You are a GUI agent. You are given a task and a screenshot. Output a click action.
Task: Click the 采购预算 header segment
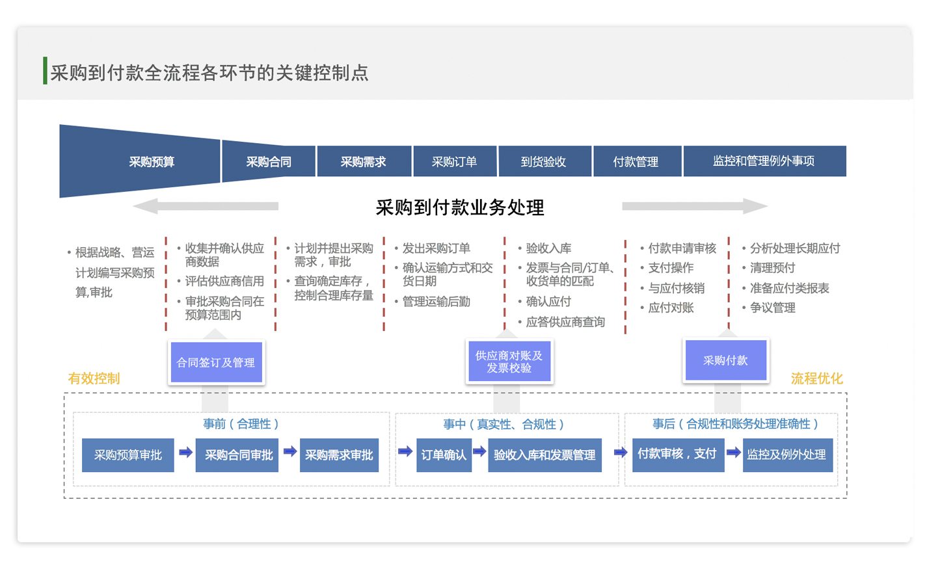click(x=140, y=161)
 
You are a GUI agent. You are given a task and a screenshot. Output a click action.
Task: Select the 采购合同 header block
click(x=269, y=161)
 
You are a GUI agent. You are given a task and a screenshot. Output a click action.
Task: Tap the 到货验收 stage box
click(x=544, y=161)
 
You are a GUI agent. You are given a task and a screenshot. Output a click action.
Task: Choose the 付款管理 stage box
click(x=637, y=161)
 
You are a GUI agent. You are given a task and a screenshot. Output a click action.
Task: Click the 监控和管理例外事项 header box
click(x=764, y=161)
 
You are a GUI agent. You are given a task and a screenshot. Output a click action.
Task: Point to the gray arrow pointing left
click(x=206, y=206)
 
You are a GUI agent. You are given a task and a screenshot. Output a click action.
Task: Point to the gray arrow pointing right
click(x=695, y=206)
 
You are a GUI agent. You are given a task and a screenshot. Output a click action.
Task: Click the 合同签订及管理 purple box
click(x=217, y=362)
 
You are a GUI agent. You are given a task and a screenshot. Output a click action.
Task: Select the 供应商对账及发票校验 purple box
click(x=509, y=361)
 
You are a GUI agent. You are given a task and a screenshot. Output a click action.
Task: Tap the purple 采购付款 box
click(x=726, y=360)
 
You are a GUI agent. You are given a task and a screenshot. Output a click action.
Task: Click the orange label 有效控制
click(x=94, y=378)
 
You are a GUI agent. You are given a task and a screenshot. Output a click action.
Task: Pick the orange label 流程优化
click(x=817, y=378)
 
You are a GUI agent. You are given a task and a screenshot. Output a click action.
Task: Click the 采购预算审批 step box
click(x=128, y=455)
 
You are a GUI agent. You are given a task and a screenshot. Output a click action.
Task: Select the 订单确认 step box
click(x=444, y=455)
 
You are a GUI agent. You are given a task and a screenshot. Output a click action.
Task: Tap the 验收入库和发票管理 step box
click(x=544, y=455)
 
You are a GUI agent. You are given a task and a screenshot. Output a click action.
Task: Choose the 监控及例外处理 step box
click(x=788, y=455)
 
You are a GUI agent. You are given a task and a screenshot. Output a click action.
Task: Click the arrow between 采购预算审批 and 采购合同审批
click(x=186, y=453)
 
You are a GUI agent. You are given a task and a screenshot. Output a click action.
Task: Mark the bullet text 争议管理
click(x=773, y=308)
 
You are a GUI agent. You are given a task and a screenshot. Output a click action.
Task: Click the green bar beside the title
click(x=45, y=71)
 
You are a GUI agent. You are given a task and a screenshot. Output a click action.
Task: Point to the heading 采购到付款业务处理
click(x=460, y=207)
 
